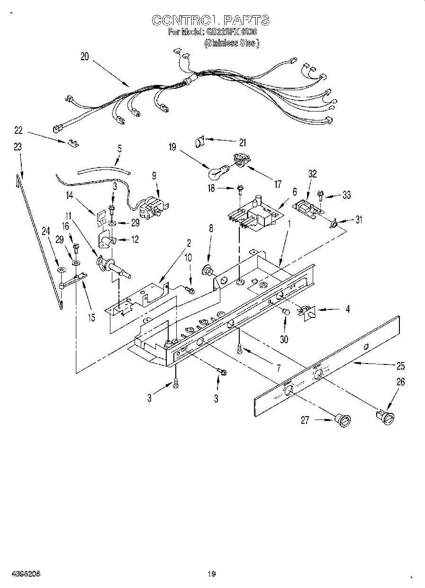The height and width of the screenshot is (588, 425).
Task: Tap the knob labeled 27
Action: [343, 420]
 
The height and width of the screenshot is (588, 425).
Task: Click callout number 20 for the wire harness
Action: [84, 56]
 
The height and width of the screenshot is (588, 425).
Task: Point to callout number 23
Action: [18, 147]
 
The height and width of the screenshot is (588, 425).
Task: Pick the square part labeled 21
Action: [199, 140]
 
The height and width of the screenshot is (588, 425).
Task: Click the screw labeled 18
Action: [240, 189]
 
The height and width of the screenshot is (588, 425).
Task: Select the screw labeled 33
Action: [321, 193]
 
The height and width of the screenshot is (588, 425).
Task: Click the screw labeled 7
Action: [241, 349]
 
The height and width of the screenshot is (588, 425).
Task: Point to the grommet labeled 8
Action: [207, 270]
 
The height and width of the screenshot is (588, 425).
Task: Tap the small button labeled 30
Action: [285, 312]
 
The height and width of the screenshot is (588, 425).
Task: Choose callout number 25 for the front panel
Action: [401, 366]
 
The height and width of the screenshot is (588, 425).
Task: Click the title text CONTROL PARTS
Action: [210, 20]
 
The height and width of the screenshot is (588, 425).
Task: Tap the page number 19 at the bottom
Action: [211, 574]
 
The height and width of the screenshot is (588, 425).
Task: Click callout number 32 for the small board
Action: [313, 174]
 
